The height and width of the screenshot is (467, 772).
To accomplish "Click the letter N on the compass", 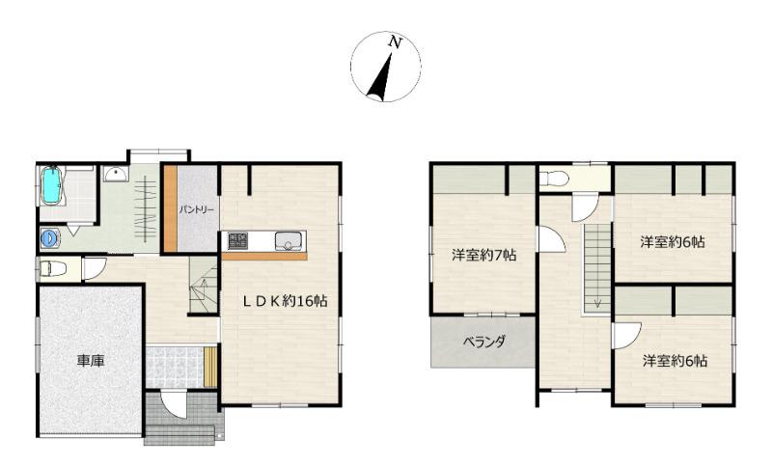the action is click(394, 41).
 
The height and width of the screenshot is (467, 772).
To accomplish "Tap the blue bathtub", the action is click(51, 185).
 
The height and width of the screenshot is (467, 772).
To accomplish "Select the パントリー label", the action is click(197, 209).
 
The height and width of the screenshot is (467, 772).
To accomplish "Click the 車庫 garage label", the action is click(91, 361).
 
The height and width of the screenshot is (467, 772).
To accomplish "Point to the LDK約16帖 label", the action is click(286, 301).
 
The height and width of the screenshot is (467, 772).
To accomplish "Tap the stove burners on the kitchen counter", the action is click(237, 240).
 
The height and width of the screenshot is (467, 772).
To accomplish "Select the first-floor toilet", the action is click(52, 269).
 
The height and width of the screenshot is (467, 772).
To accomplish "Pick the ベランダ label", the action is click(484, 342).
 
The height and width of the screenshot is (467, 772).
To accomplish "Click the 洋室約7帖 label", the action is click(484, 255).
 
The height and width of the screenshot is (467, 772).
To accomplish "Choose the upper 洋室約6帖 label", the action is click(673, 241).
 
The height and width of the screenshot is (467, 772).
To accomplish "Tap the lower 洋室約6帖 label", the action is click(675, 361).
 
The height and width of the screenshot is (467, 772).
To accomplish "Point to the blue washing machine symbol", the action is click(49, 238).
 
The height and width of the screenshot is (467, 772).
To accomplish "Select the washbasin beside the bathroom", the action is click(116, 174).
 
